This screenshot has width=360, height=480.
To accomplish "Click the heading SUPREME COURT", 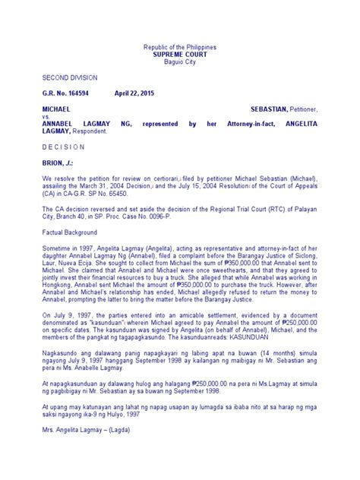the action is [180, 55].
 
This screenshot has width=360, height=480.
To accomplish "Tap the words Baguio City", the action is [180, 62].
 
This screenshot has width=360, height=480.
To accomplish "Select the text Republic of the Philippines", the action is [180, 47].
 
